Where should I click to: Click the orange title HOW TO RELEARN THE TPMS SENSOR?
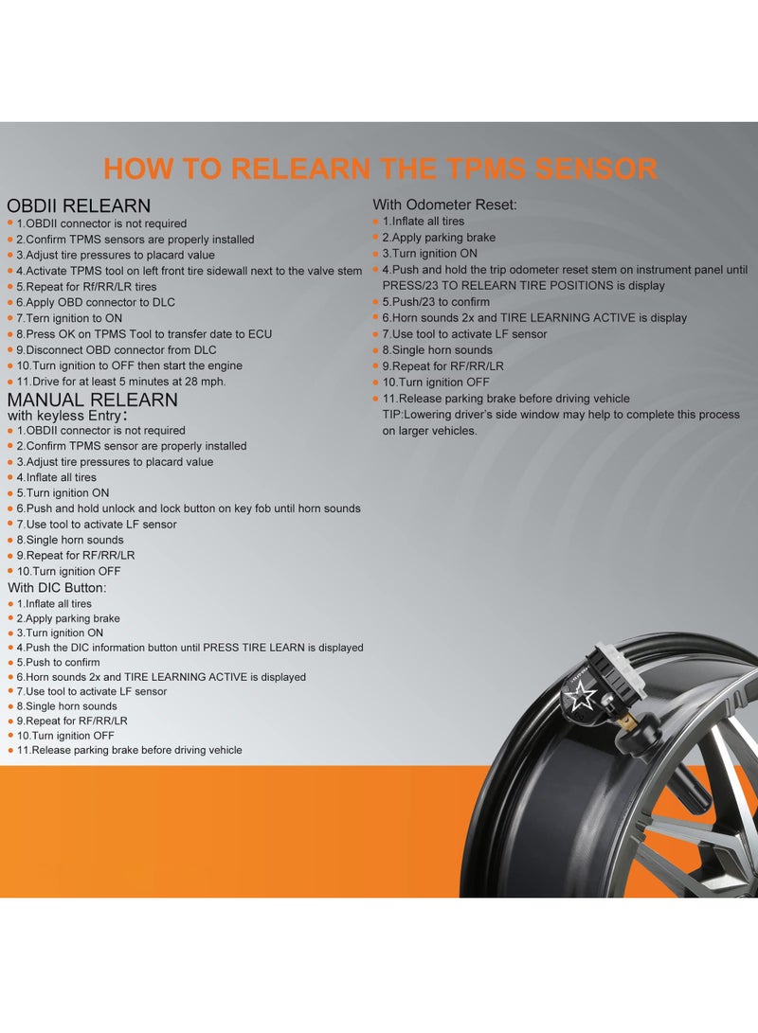coord(380,169)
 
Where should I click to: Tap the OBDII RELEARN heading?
coord(79,205)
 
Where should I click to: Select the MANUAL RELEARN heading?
coord(92,400)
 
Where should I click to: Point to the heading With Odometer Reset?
coord(444,205)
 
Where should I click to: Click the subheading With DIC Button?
coord(57,588)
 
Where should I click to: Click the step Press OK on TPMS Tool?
coord(144,334)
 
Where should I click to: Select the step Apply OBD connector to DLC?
coord(109,302)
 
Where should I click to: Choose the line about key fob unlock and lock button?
coord(189,508)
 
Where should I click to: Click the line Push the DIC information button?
coord(189,648)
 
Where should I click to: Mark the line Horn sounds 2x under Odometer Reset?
coord(534,317)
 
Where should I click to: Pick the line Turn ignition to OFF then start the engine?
coord(129,365)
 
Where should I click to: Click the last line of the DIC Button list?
coord(129,750)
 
